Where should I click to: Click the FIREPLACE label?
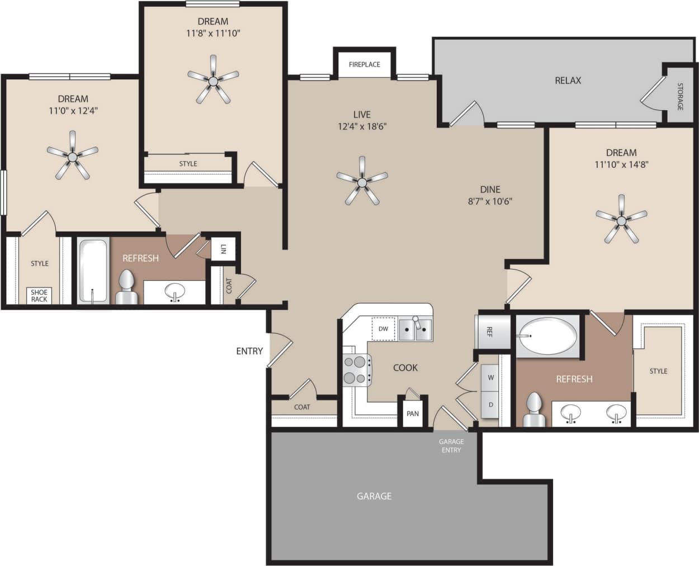pyautogui.click(x=364, y=64)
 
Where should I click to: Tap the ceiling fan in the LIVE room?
pyautogui.click(x=362, y=181)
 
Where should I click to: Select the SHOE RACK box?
pyautogui.click(x=39, y=296)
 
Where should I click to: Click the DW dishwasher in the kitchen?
pyautogui.click(x=383, y=329)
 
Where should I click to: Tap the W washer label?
pyautogui.click(x=490, y=378)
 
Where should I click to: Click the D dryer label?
pyautogui.click(x=490, y=404)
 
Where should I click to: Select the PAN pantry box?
pyautogui.click(x=413, y=413)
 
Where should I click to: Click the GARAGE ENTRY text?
pyautogui.click(x=451, y=446)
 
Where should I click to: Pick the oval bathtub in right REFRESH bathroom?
pyautogui.click(x=546, y=336)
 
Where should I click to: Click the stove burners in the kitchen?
pyautogui.click(x=355, y=370)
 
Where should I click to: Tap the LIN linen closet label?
pyautogui.click(x=223, y=249)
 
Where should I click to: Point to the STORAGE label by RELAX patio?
pyautogui.click(x=680, y=96)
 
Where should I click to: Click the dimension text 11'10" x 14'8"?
pyautogui.click(x=621, y=164)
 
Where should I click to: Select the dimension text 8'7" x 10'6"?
pyautogui.click(x=490, y=201)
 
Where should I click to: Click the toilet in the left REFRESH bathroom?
pyautogui.click(x=126, y=287)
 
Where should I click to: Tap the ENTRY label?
pyautogui.click(x=249, y=351)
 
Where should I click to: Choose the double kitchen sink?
pyautogui.click(x=415, y=329)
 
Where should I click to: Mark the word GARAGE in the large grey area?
pyautogui.click(x=374, y=496)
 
